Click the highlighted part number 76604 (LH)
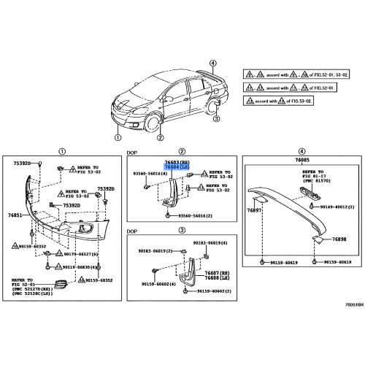point(175,167)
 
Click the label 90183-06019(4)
point(210,242)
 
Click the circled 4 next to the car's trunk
point(212,64)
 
